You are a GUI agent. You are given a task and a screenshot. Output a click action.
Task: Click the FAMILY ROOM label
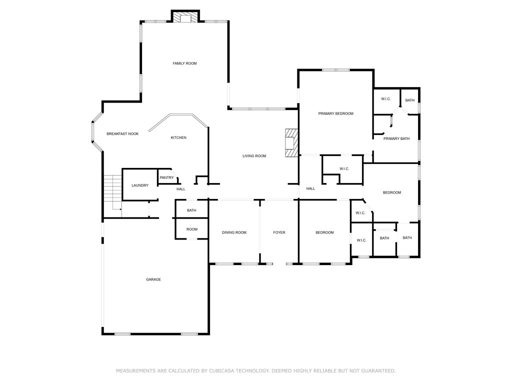tap(184, 63)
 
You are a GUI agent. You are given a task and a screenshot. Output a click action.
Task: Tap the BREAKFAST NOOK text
tap(122, 134)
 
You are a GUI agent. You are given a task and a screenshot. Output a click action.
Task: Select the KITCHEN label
tap(178, 138)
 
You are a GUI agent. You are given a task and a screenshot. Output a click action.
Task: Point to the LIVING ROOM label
tap(254, 156)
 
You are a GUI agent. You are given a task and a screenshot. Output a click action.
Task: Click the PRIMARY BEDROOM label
tap(335, 113)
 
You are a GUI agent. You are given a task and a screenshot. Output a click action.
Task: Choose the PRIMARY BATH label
tap(396, 138)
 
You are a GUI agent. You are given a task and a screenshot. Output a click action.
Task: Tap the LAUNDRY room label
tap(140, 185)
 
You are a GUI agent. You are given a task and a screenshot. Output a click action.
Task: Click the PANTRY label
tap(166, 177)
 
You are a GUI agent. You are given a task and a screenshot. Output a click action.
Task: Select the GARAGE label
tap(153, 279)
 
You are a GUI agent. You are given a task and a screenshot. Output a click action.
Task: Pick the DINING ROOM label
tap(234, 232)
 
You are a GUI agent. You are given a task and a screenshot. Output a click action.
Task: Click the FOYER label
tap(279, 232)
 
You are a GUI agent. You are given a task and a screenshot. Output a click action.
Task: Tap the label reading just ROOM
tap(192, 229)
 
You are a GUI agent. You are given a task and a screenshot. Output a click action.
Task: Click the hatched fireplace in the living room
tap(291, 143)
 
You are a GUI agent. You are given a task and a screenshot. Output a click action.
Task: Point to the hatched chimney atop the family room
tap(185, 17)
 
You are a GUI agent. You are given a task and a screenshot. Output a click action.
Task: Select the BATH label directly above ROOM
tap(191, 210)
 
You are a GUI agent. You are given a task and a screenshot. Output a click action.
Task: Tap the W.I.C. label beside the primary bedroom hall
tap(344, 169)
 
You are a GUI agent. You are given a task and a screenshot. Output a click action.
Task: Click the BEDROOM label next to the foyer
tap(324, 232)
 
